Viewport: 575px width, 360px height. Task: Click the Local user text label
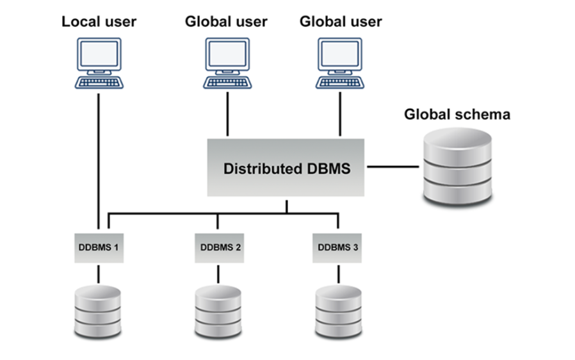pyautogui.click(x=99, y=21)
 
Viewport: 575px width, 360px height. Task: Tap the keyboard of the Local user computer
pyautogui.click(x=99, y=83)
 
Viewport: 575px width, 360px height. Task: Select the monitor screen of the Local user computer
pyautogui.click(x=99, y=54)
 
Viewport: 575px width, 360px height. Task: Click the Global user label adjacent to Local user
pyautogui.click(x=226, y=21)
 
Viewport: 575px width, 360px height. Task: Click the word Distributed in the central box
pyautogui.click(x=261, y=169)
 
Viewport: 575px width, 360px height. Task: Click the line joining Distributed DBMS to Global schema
pyautogui.click(x=391, y=168)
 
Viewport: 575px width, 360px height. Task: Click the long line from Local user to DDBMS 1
pyautogui.click(x=99, y=160)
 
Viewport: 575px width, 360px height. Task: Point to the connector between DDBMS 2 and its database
pyautogui.click(x=218, y=274)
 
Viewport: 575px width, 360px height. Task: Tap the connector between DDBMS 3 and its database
pyautogui.click(x=337, y=274)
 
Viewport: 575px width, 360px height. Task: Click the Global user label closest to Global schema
pyautogui.click(x=341, y=21)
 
